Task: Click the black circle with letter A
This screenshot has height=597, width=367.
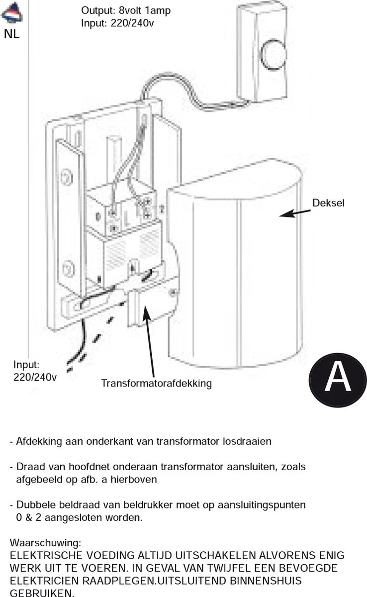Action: [x=337, y=377]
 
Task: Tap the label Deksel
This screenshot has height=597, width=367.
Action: [x=328, y=203]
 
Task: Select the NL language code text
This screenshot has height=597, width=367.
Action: [x=11, y=35]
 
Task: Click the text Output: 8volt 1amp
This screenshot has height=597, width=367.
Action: [x=126, y=10]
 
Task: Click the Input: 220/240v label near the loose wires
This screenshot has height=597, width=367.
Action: [x=34, y=371]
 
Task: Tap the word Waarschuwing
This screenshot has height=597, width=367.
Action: [x=45, y=542]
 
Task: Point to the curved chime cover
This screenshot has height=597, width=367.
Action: [x=234, y=269]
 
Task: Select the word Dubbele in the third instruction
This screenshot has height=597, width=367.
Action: [x=34, y=505]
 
